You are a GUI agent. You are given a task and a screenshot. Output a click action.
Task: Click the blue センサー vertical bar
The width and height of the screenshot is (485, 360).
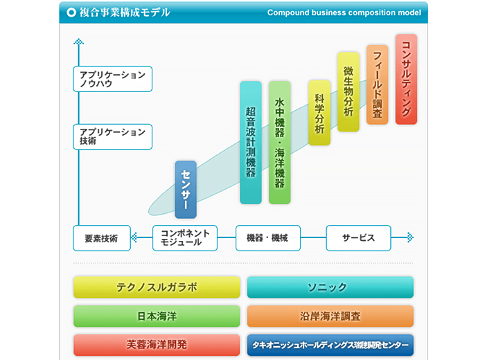(x=186, y=189)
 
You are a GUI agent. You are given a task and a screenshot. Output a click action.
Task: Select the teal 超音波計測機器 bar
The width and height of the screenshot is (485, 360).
(x=251, y=142)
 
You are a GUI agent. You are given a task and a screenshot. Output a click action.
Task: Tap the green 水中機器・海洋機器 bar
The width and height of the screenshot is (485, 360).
(x=279, y=142)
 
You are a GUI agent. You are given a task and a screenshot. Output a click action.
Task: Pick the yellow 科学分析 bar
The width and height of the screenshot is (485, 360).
(x=319, y=111)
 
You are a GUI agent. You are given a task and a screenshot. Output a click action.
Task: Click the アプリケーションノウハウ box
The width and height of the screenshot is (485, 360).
(x=112, y=79)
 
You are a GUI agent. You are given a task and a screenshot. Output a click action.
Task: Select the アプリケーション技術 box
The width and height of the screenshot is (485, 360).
(x=112, y=136)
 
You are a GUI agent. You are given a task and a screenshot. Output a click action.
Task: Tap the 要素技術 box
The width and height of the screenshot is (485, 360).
(x=102, y=238)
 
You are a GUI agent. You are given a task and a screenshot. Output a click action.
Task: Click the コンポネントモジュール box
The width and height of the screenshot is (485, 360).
(x=185, y=238)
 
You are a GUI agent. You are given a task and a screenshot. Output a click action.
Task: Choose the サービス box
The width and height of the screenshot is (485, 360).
(x=358, y=238)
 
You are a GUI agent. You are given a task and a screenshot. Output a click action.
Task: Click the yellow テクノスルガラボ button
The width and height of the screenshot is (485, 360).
(x=157, y=287)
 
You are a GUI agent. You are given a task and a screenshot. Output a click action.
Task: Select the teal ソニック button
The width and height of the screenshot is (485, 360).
(x=330, y=287)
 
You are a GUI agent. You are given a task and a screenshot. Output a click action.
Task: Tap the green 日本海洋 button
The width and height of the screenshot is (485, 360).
(x=157, y=316)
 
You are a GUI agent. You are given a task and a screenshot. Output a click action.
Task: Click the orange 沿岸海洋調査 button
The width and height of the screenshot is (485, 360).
(x=330, y=316)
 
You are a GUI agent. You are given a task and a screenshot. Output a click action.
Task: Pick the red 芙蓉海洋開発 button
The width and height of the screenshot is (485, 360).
(x=157, y=344)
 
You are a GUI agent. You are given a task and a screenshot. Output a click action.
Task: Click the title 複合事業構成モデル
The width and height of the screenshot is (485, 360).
(x=125, y=12)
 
